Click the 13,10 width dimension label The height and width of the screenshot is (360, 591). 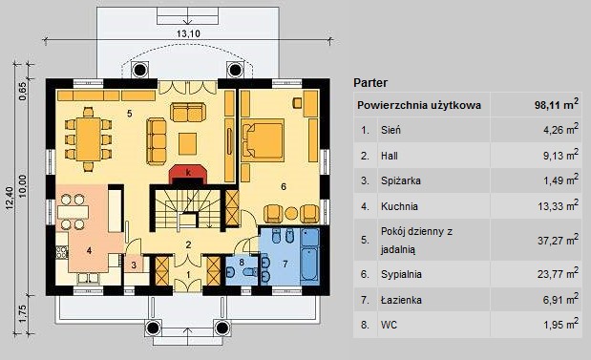tap(188, 33)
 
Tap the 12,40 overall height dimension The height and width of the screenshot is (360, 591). tap(10, 198)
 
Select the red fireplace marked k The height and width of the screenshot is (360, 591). tap(188, 174)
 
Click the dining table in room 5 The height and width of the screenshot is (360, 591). tap(88, 139)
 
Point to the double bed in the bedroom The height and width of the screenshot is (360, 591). tap(263, 139)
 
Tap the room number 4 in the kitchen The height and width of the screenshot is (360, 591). tap(89, 250)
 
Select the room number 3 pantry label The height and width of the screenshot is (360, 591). tap(134, 265)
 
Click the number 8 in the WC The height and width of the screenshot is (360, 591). tap(242, 262)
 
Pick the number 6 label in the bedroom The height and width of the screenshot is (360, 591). tap(284, 186)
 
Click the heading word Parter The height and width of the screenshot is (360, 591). tap(370, 82)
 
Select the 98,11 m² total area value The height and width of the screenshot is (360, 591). tap(556, 104)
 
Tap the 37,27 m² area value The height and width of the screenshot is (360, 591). tap(558, 240)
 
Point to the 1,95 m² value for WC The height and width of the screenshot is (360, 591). tap(560, 325)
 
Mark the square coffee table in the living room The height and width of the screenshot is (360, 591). tap(187, 143)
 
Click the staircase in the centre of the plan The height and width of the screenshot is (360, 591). tap(188, 208)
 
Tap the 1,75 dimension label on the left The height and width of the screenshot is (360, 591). tap(23, 313)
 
